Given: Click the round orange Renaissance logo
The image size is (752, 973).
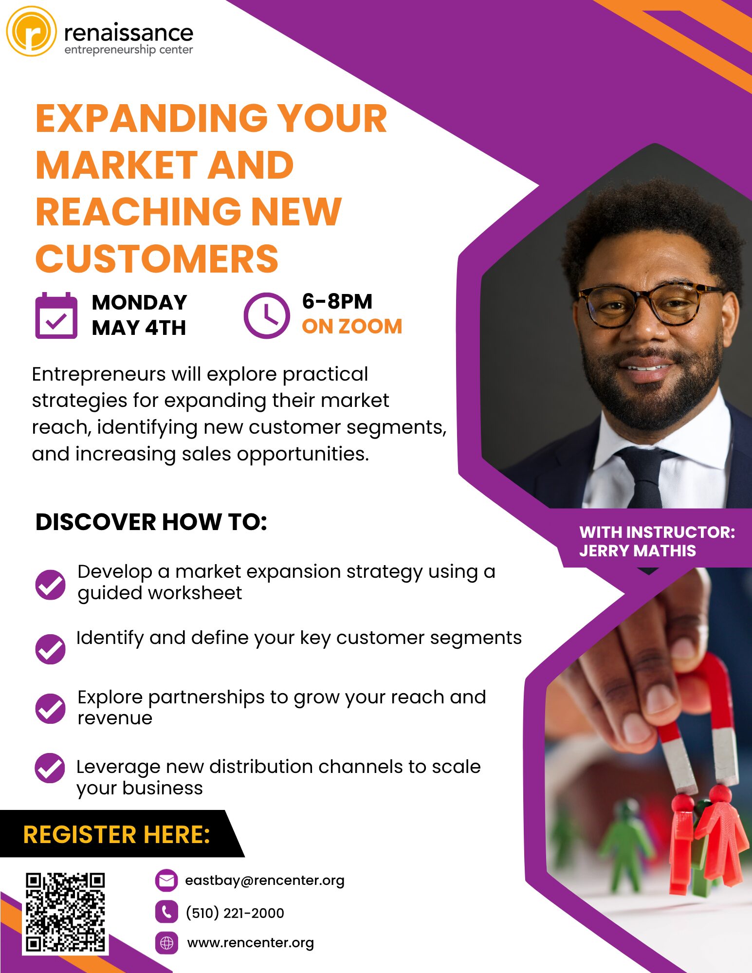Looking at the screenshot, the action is (x=31, y=31).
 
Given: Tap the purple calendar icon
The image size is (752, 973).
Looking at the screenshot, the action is (x=56, y=315).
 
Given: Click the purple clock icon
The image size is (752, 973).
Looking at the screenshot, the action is (x=266, y=315).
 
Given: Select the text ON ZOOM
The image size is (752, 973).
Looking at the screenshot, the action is (x=352, y=326).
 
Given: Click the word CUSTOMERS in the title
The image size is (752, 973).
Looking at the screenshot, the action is (x=157, y=258).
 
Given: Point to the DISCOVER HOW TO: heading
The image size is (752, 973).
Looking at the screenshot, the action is (x=151, y=522).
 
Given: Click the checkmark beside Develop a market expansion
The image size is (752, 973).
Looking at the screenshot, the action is (x=50, y=585).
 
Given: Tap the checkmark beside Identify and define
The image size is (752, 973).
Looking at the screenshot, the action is (x=50, y=649).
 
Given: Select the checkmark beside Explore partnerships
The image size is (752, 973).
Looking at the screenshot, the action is (x=50, y=708).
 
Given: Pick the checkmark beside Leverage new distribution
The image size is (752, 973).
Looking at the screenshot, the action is (x=50, y=768).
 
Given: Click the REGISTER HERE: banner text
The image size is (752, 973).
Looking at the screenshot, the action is (x=117, y=834).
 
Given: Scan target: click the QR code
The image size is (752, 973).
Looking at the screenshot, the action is (x=65, y=912).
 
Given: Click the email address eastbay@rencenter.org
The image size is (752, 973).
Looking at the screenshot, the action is (x=265, y=881).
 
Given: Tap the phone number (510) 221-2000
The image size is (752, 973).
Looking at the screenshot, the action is (x=235, y=913).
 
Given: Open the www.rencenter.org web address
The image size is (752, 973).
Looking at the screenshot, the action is (x=251, y=943).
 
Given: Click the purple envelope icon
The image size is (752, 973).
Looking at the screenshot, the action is (x=166, y=881).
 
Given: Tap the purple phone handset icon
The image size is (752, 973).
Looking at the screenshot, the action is (x=166, y=912).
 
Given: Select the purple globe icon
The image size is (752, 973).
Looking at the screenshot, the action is (x=166, y=943).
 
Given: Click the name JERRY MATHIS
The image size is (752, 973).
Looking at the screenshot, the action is (x=638, y=551).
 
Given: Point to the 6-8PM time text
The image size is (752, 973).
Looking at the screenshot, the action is (x=337, y=301).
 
